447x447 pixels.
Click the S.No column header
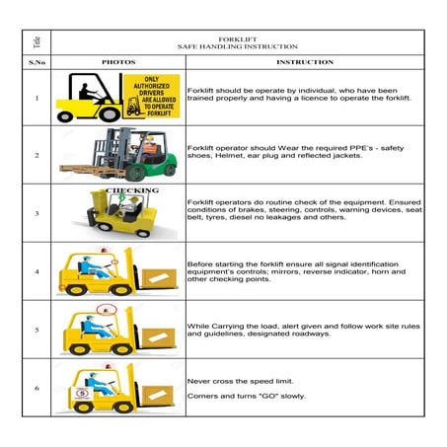37,61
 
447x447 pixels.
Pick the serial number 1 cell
37,98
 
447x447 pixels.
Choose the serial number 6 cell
37,388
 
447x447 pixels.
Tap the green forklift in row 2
143,153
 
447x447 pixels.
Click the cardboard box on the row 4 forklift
157,276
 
